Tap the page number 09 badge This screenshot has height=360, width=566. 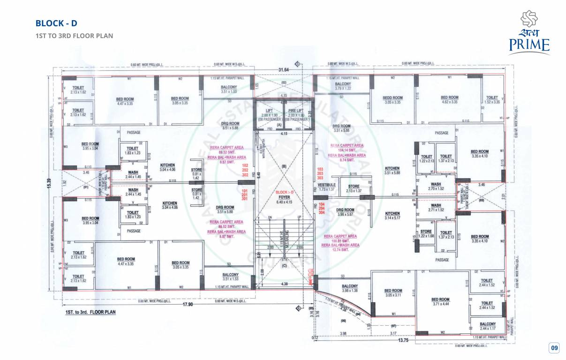point(554,348)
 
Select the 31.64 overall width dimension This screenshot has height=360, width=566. point(283,70)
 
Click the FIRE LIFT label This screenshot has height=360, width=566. point(299,113)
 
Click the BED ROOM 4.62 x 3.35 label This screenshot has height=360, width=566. point(449,99)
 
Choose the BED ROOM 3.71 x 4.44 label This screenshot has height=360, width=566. point(440,301)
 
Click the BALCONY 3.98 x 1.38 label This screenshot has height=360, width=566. point(350,288)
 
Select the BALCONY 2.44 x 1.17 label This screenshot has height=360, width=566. point(488,326)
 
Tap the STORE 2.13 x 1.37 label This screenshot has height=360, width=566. point(354,188)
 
